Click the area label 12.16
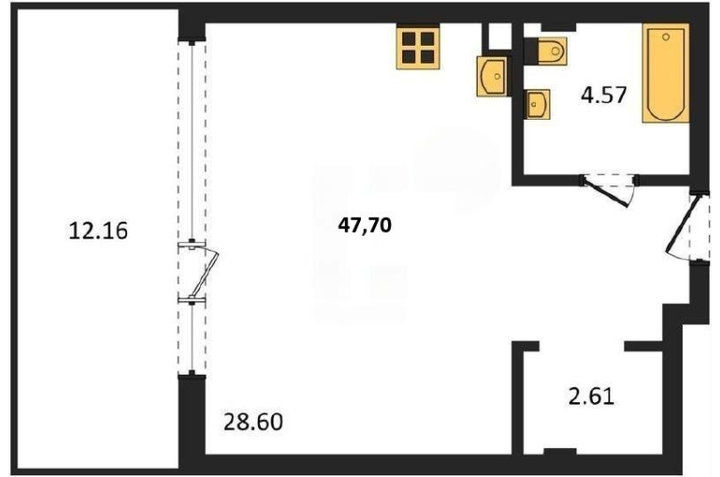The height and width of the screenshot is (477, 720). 98,230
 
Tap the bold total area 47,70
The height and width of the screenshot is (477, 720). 365,225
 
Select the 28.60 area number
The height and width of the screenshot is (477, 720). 253,422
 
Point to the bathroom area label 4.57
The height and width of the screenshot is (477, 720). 603,95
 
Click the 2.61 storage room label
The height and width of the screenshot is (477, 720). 591,397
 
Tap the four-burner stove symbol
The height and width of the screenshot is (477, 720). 418,47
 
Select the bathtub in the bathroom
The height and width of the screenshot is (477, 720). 666,74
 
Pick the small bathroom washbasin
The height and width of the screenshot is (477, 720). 538,104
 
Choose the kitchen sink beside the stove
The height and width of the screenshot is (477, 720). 492,76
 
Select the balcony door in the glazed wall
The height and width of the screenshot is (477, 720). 199,272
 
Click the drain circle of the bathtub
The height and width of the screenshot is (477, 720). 666,36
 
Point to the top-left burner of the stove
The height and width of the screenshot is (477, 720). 409,38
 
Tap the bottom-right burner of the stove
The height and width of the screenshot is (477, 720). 427,56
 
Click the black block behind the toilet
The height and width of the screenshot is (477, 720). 531,51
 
